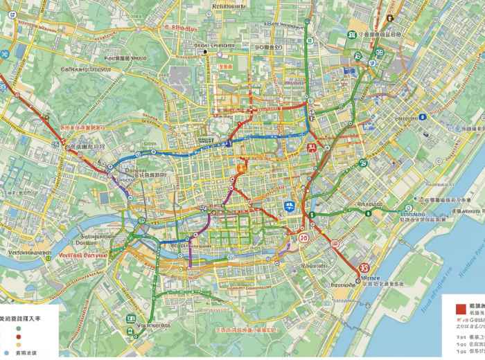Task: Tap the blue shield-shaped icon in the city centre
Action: coord(289,206)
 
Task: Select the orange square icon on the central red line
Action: coord(241,167)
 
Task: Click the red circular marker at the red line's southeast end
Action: coord(362,269)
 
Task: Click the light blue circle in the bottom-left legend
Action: coord(6,352)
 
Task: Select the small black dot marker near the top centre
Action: coord(205,52)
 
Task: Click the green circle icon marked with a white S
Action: coord(362,163)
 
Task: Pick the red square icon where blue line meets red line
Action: coord(312,146)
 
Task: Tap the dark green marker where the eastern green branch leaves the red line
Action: coord(312,215)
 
